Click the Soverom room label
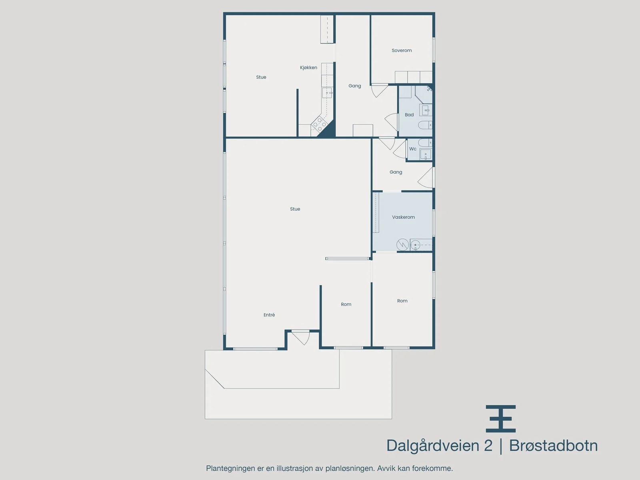pyautogui.click(x=402, y=50)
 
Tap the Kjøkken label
pyautogui.click(x=308, y=68)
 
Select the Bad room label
pyautogui.click(x=409, y=115)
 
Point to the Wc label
pyautogui.click(x=412, y=149)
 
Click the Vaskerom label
pyautogui.click(x=403, y=217)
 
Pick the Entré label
pyautogui.click(x=269, y=315)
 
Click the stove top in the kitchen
pyautogui.click(x=320, y=124)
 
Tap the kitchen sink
pyautogui.click(x=327, y=93)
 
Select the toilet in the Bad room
pyautogui.click(x=425, y=125)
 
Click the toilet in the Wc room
pyautogui.click(x=425, y=143)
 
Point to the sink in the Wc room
pyautogui.click(x=426, y=154)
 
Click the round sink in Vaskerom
pyautogui.click(x=415, y=245)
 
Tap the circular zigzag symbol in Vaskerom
pyautogui.click(x=402, y=245)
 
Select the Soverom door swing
pyautogui.click(x=379, y=91)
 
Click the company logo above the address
pyautogui.click(x=501, y=419)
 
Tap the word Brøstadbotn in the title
pyautogui.click(x=554, y=445)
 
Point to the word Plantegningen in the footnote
pyautogui.click(x=230, y=468)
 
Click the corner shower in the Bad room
pyautogui.click(x=424, y=94)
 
